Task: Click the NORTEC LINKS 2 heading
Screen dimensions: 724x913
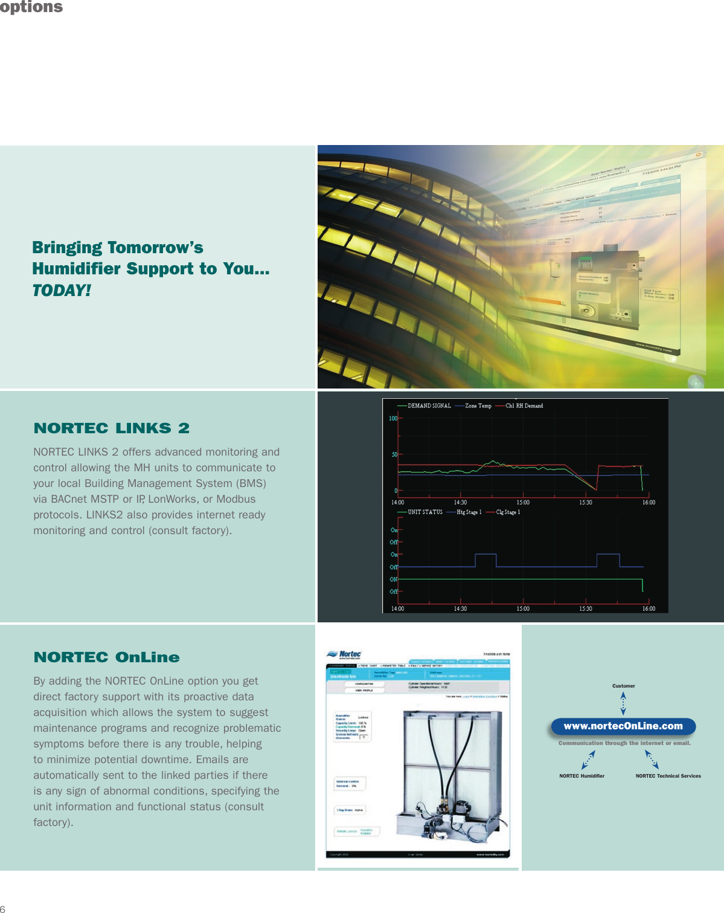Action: coord(112,428)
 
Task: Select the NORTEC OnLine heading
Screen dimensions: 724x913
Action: coord(107,657)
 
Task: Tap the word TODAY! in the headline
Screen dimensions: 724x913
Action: coord(62,291)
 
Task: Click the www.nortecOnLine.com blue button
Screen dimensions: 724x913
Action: coord(623,726)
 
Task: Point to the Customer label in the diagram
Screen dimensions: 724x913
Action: coord(623,686)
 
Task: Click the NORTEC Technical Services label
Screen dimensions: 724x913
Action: coord(668,776)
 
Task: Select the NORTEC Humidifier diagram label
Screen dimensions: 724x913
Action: coord(581,776)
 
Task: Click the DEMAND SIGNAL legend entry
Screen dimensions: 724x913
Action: coord(429,406)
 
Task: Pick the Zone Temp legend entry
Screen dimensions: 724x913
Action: coord(478,406)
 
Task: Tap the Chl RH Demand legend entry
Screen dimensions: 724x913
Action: coord(524,406)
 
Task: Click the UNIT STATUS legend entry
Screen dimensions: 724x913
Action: coord(424,512)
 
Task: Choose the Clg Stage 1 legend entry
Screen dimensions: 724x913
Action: coord(507,512)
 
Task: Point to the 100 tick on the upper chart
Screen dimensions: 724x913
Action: coord(393,418)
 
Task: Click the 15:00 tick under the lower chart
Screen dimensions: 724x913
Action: coord(523,608)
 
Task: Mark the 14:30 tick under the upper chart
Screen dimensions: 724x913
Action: coord(460,502)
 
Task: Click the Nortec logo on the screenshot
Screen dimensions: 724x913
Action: coord(344,654)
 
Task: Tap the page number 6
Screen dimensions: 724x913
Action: coord(3,908)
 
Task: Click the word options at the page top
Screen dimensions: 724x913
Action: coord(31,7)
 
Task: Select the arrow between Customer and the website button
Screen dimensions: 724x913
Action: coord(623,703)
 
